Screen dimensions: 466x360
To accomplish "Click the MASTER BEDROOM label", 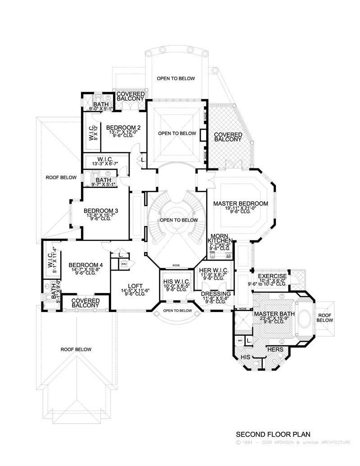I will pos(241,204).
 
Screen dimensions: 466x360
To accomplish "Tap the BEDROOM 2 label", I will pos(124,127).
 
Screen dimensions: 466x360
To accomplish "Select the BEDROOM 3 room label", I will pos(101,211).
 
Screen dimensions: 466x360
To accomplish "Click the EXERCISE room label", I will pos(272,276).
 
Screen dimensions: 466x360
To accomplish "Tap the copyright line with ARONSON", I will pos(292,443).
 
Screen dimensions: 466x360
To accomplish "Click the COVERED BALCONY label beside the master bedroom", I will pos(228,137).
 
